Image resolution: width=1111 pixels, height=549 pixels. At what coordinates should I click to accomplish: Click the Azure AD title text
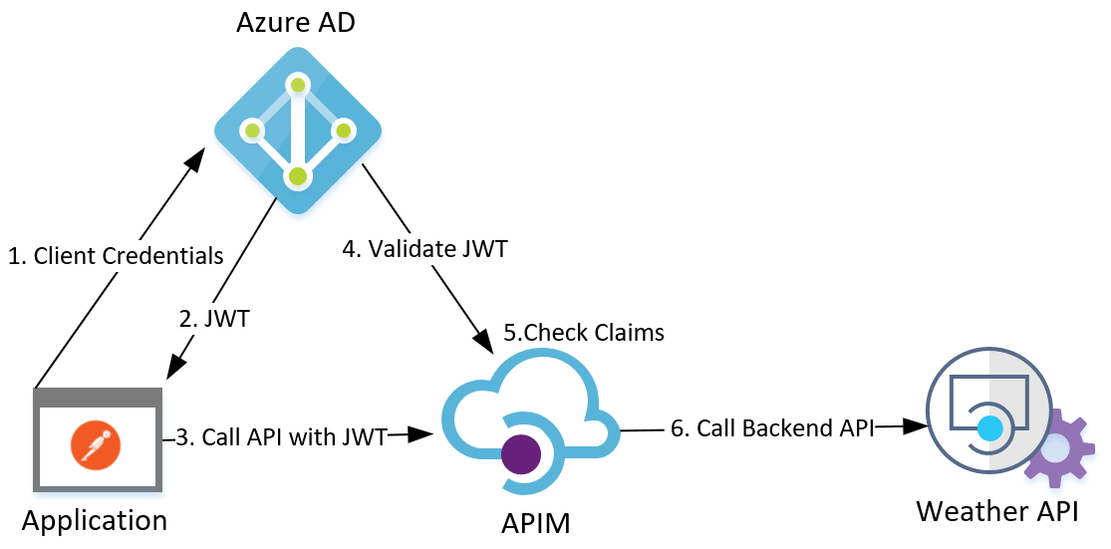tap(296, 22)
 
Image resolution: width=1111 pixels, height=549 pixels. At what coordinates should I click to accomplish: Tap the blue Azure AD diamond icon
tap(298, 131)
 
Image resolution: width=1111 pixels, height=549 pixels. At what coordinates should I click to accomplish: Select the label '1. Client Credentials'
tap(116, 256)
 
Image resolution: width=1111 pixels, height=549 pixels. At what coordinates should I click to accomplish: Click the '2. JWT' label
tap(214, 319)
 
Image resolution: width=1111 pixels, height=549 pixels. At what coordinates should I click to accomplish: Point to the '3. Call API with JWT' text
tap(281, 436)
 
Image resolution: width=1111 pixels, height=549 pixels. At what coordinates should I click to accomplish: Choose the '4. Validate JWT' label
tap(425, 249)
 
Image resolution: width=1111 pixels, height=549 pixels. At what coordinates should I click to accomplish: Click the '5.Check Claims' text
tap(583, 333)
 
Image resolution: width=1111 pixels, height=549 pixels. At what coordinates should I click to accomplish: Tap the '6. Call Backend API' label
tap(772, 428)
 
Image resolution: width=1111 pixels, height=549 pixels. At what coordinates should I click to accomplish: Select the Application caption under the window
tap(95, 520)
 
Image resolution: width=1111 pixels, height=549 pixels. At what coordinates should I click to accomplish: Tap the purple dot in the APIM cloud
tap(522, 454)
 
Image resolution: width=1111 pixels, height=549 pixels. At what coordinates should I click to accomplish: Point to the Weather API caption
tap(1005, 511)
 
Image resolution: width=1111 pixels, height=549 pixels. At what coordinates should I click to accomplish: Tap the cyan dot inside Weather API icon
tap(988, 428)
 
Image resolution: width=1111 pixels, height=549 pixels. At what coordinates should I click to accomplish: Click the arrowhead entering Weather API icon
tap(916, 425)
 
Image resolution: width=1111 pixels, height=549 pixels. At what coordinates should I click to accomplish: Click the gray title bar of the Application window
tap(97, 397)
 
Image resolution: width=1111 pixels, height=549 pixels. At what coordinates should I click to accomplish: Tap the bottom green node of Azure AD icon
tap(297, 177)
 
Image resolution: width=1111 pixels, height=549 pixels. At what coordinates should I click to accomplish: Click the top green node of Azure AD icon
tap(297, 86)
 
